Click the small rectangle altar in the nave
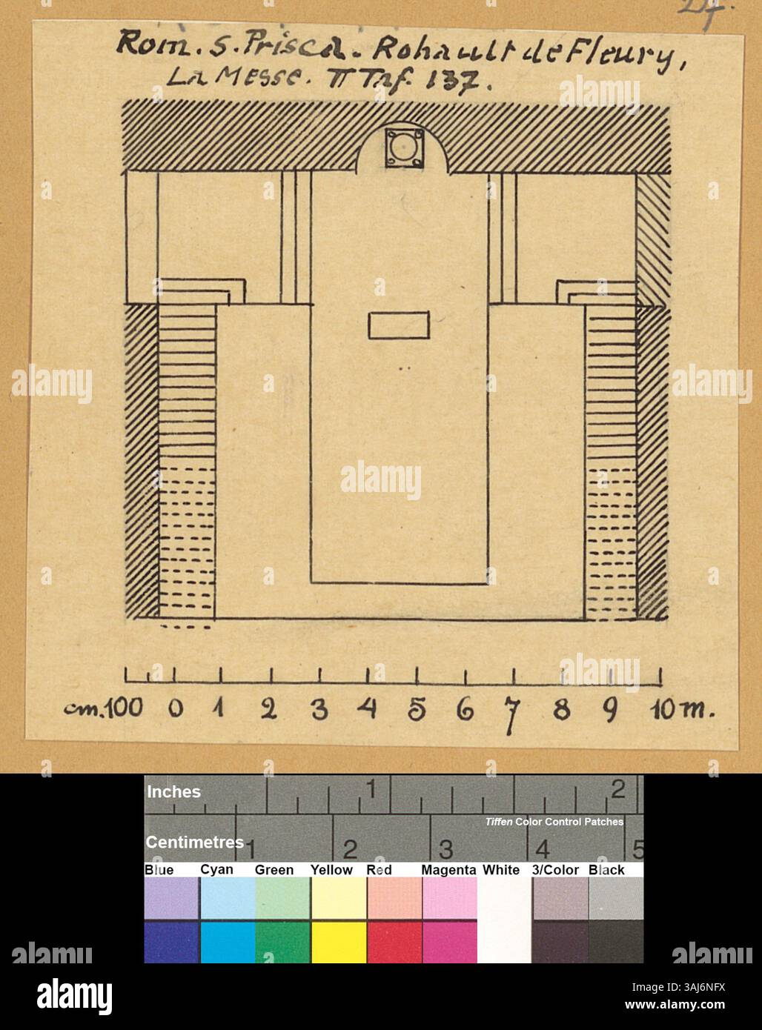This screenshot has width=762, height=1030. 399,326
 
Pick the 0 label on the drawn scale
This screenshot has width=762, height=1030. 175,709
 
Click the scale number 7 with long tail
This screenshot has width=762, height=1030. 511,714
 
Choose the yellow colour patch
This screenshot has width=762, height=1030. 338,941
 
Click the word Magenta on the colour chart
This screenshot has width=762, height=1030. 448,870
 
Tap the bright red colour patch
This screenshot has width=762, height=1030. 394,941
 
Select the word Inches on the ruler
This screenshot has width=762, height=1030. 173,791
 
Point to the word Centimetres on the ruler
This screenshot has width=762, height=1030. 194,843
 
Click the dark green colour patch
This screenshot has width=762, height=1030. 282,941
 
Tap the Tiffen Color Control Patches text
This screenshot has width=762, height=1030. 554,822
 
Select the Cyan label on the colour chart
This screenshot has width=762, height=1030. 216,870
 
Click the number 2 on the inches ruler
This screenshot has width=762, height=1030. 617,790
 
